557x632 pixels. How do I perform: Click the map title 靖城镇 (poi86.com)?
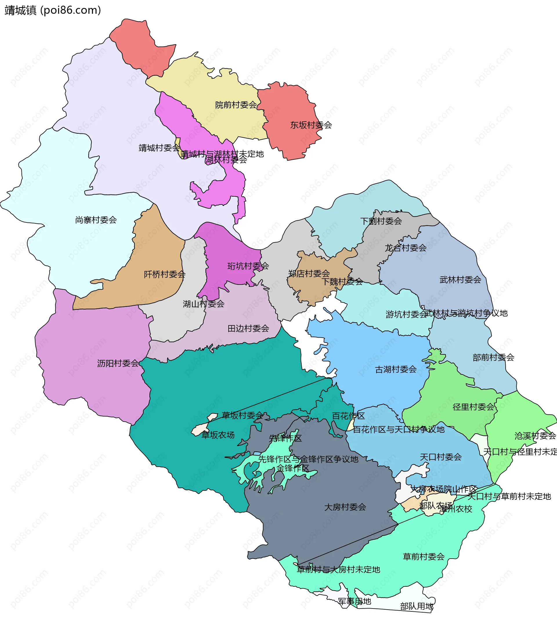coord(53,10)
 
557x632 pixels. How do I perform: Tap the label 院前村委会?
coord(236,105)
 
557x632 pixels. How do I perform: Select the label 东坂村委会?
coord(311,125)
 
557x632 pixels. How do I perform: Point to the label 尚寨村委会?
coord(96,220)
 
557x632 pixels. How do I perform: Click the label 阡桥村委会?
coord(164,275)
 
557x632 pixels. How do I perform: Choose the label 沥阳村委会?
coord(118,363)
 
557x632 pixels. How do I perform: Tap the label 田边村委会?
coord(248,329)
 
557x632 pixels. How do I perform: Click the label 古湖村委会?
coord(396,370)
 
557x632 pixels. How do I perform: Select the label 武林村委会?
coord(460,280)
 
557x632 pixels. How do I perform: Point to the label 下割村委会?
coord(381,221)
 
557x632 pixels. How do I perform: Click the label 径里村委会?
coord(473,407)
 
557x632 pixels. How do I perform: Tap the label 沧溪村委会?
coord(535,436)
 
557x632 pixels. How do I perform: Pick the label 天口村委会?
coord(441,457)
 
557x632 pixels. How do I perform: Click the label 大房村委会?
coord(345,507)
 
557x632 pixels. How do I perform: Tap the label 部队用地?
coord(417,606)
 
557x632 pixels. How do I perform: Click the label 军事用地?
coord(355,601)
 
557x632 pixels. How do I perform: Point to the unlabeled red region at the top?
coord(142,46)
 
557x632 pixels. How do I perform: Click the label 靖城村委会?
coord(159,148)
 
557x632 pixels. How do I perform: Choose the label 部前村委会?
coord(493,357)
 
